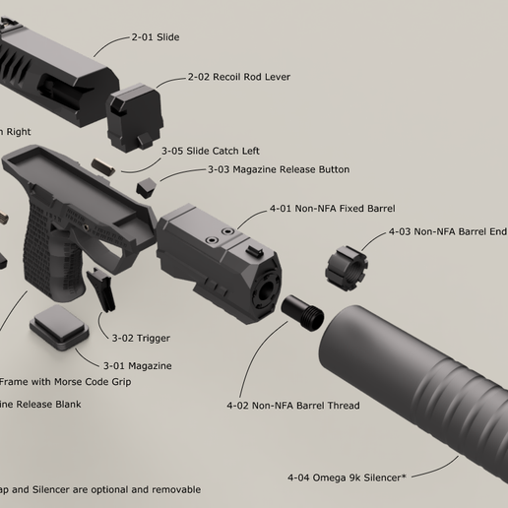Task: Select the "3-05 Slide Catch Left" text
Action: coord(210,151)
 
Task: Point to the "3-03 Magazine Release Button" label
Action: coord(278,169)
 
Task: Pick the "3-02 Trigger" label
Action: coord(140,339)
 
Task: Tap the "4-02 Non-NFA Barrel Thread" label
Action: coord(292,406)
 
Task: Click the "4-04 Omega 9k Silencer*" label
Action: coord(349,477)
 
